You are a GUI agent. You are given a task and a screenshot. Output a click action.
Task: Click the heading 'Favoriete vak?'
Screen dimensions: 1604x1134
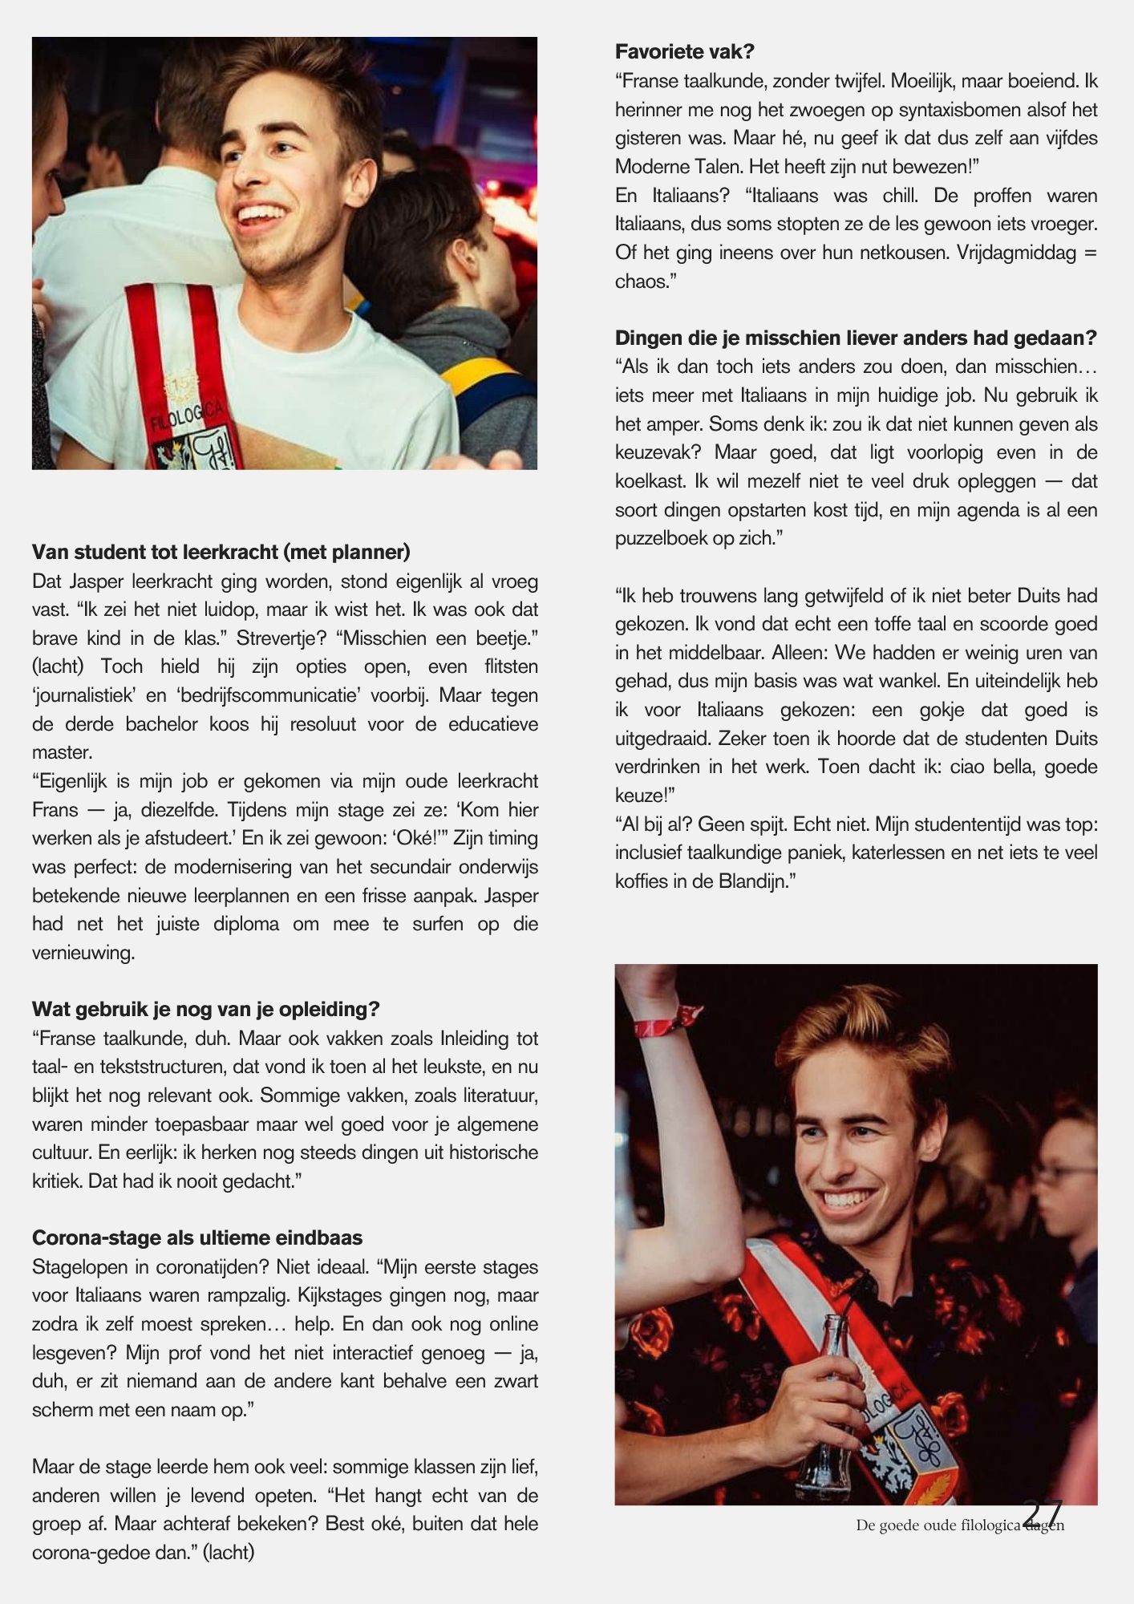(x=685, y=52)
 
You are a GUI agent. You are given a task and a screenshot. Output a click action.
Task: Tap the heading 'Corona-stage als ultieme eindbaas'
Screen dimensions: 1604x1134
(x=197, y=1237)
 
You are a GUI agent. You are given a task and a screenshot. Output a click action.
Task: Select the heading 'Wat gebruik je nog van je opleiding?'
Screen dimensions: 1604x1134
(x=205, y=1009)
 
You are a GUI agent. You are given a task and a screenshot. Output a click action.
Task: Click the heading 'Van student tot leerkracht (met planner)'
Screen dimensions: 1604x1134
(x=221, y=552)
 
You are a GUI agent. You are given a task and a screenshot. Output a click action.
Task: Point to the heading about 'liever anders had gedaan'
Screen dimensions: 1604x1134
(x=856, y=338)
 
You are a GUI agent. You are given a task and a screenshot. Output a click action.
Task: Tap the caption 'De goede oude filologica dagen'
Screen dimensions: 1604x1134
(x=959, y=1525)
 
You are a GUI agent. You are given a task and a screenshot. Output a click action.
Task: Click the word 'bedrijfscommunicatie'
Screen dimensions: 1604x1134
(x=263, y=695)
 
